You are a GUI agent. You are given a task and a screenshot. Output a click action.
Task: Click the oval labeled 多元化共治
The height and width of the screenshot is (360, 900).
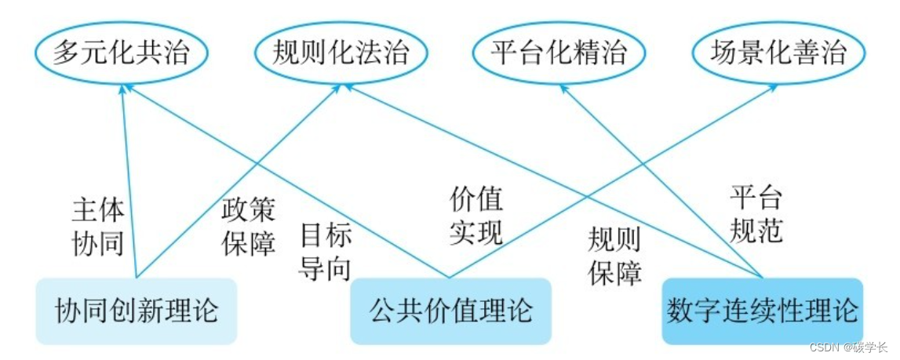tap(120, 53)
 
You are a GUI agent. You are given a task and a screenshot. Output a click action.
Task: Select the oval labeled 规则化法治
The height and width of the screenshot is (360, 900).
tap(341, 53)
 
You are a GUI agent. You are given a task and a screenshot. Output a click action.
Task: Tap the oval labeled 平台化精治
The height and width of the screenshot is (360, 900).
tap(559, 53)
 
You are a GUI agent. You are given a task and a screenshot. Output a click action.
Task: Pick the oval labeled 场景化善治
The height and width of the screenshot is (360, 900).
tap(778, 53)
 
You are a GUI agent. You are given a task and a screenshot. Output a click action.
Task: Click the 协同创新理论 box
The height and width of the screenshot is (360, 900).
tap(137, 311)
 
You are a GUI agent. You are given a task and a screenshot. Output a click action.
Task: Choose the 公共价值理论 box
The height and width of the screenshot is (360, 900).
tap(450, 311)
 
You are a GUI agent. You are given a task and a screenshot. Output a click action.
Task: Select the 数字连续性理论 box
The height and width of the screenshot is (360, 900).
tap(762, 311)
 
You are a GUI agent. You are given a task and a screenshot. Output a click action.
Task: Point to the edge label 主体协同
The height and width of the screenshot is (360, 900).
tap(98, 227)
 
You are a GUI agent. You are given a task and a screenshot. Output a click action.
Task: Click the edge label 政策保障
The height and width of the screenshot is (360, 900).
tap(249, 227)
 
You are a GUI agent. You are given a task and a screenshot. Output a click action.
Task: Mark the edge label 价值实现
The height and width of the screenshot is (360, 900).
tap(476, 216)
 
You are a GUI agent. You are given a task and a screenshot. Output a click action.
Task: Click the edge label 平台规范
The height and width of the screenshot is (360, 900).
tap(756, 213)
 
